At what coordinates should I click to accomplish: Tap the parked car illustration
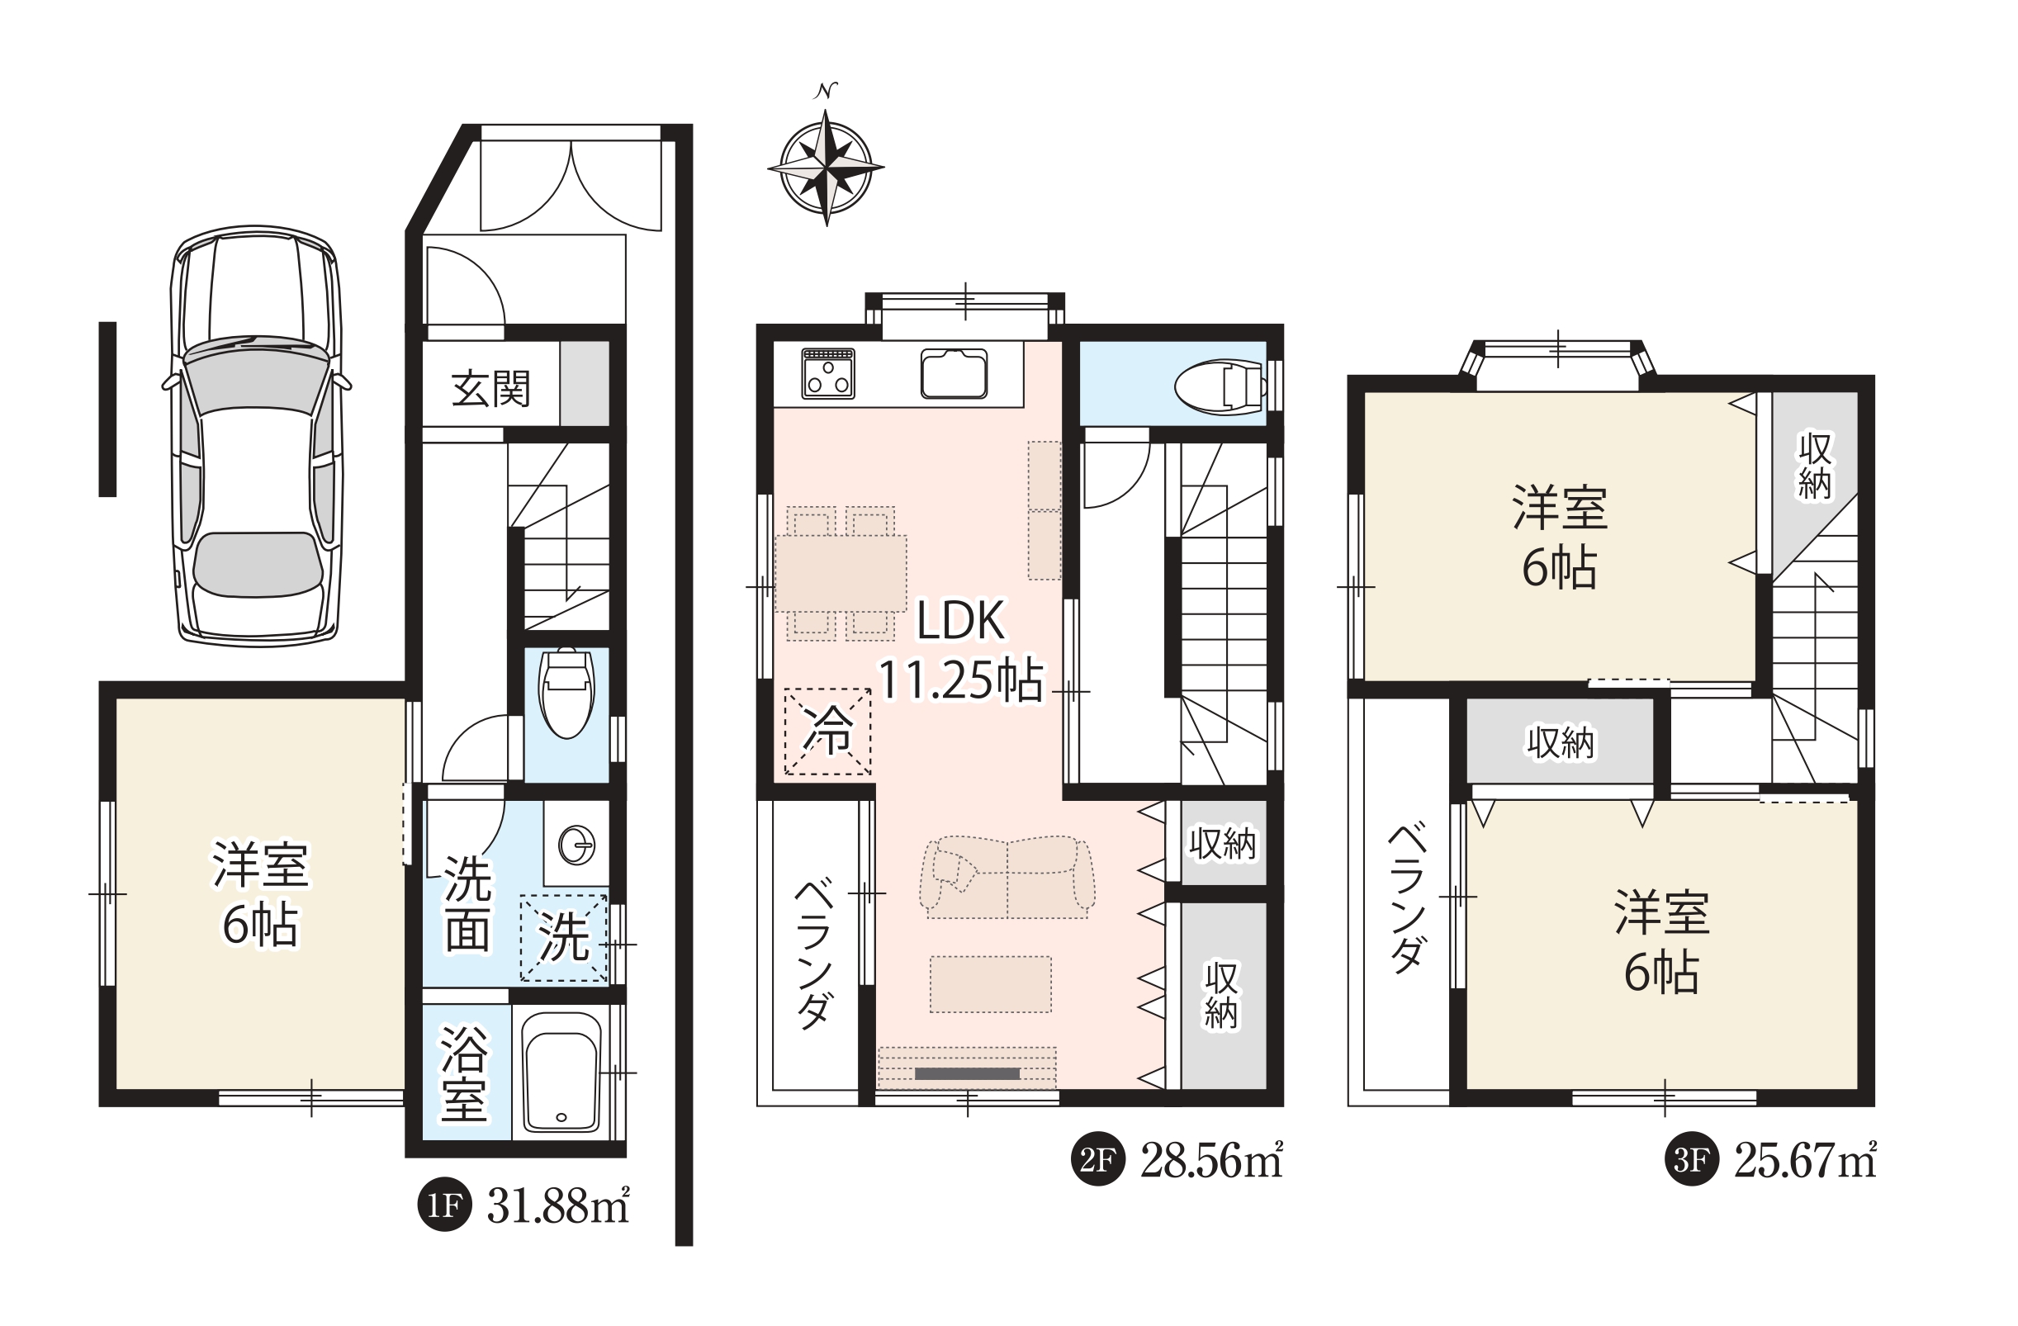click(x=256, y=435)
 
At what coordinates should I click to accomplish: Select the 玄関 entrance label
click(x=490, y=388)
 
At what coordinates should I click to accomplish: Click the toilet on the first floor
click(x=566, y=693)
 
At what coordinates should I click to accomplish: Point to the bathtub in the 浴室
click(x=561, y=1072)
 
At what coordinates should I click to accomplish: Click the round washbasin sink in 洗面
click(x=576, y=845)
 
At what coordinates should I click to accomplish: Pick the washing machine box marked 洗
click(x=564, y=939)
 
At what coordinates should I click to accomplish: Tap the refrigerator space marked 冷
click(x=827, y=731)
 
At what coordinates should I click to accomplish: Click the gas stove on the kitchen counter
click(x=827, y=373)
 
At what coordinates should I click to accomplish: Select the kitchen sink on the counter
click(x=954, y=373)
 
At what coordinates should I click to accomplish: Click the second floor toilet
click(x=1220, y=386)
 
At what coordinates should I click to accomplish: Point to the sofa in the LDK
click(x=1007, y=878)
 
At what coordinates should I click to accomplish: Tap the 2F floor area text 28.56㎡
click(x=1210, y=1161)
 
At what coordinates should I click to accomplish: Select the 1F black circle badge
click(x=444, y=1205)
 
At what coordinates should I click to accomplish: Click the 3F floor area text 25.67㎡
click(x=1804, y=1161)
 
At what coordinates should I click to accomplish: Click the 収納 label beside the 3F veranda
click(x=1560, y=743)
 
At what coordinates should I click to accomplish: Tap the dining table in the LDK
click(x=841, y=573)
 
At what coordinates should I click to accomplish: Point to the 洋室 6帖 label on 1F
click(x=260, y=893)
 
